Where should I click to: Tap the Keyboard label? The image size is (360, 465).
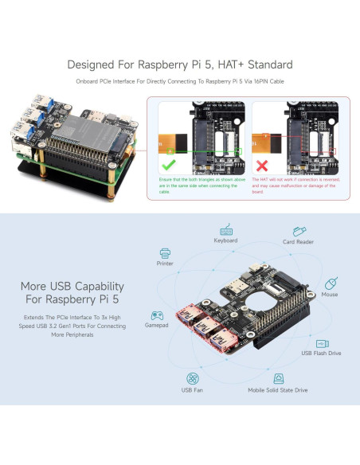click(x=225, y=240)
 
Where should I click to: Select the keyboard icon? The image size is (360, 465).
click(x=225, y=229)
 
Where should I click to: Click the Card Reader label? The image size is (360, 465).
click(x=299, y=242)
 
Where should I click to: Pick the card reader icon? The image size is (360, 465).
click(x=299, y=230)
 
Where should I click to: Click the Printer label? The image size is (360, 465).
click(x=165, y=264)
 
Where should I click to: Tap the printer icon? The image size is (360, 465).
click(x=165, y=252)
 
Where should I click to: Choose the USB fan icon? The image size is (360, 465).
click(x=192, y=378)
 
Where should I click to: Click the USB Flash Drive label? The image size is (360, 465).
click(x=321, y=353)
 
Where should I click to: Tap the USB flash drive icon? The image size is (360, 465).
click(x=321, y=340)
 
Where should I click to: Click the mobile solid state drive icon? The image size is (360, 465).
click(x=279, y=378)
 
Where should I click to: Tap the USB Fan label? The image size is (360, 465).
click(x=192, y=390)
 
